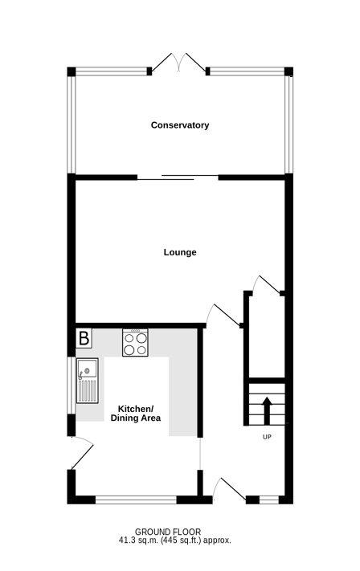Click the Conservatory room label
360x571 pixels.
(180, 125)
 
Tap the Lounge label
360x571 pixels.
(180, 252)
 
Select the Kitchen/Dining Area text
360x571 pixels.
(136, 414)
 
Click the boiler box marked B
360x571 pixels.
(84, 338)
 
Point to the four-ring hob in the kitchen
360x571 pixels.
(135, 342)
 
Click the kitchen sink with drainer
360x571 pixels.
(87, 381)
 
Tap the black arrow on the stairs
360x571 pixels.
(267, 410)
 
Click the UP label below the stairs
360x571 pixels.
(267, 437)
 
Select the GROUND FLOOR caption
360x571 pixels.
(168, 532)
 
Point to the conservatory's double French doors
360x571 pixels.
(178, 63)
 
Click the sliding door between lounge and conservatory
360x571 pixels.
(178, 177)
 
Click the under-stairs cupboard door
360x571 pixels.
(268, 284)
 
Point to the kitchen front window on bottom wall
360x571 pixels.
(136, 500)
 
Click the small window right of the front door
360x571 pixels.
(269, 500)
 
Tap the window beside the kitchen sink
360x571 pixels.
(72, 385)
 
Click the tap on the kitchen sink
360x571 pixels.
(82, 374)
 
